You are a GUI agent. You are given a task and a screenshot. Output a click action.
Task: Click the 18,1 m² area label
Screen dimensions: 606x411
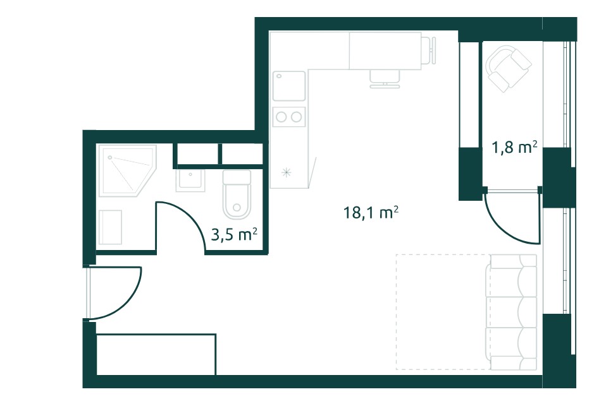371,212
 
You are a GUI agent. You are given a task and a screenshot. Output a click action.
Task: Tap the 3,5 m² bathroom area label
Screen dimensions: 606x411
234,234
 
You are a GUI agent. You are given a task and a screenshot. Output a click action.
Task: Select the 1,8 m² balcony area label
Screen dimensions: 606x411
514,147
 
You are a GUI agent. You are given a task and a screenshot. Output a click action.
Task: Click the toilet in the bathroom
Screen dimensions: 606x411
237,194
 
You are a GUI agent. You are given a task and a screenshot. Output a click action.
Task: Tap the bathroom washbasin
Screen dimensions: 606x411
190,180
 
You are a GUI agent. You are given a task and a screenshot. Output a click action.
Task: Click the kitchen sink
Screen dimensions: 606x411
288,86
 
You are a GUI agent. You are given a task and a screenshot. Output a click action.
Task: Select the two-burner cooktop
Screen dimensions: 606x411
288,116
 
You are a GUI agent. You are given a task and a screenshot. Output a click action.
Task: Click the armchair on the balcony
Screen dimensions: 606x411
508,68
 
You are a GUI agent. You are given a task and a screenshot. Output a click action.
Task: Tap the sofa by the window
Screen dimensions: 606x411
511,312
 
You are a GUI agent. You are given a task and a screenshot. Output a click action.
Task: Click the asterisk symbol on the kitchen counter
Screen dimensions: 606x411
286,172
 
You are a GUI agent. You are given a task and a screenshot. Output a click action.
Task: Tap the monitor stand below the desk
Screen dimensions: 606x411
384,79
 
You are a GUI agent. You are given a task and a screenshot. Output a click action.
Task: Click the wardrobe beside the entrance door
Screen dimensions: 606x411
156,354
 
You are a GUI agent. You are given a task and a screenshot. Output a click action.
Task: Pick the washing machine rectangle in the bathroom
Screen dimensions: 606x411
110,227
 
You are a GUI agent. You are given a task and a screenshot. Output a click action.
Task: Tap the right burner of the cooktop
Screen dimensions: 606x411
297,116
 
